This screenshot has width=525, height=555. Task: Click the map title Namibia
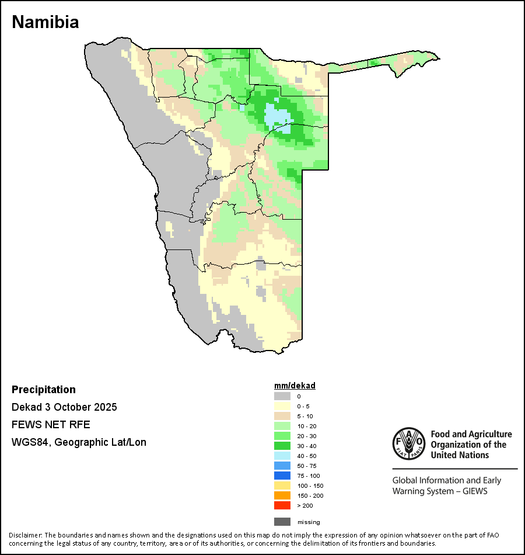tap(45, 22)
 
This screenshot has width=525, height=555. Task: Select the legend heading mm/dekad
tap(295, 386)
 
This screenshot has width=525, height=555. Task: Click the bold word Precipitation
tap(44, 390)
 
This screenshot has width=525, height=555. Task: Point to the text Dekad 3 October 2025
tap(64, 407)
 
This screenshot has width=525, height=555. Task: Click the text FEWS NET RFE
tap(51, 425)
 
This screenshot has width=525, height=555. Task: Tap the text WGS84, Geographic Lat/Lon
tap(79, 442)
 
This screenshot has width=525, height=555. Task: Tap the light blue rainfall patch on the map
tap(277, 116)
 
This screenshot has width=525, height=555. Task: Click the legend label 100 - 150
tap(310, 485)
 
